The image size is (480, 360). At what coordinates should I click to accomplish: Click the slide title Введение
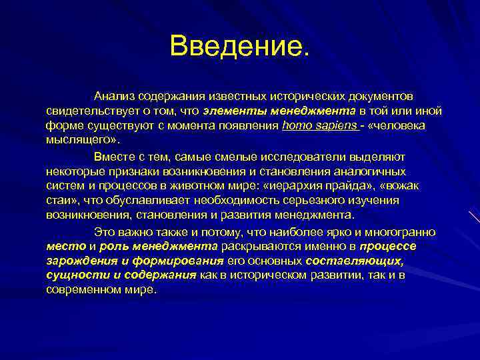(x=239, y=47)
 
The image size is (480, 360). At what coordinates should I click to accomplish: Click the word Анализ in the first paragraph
(x=115, y=97)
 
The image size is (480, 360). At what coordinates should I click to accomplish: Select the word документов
(x=383, y=97)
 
